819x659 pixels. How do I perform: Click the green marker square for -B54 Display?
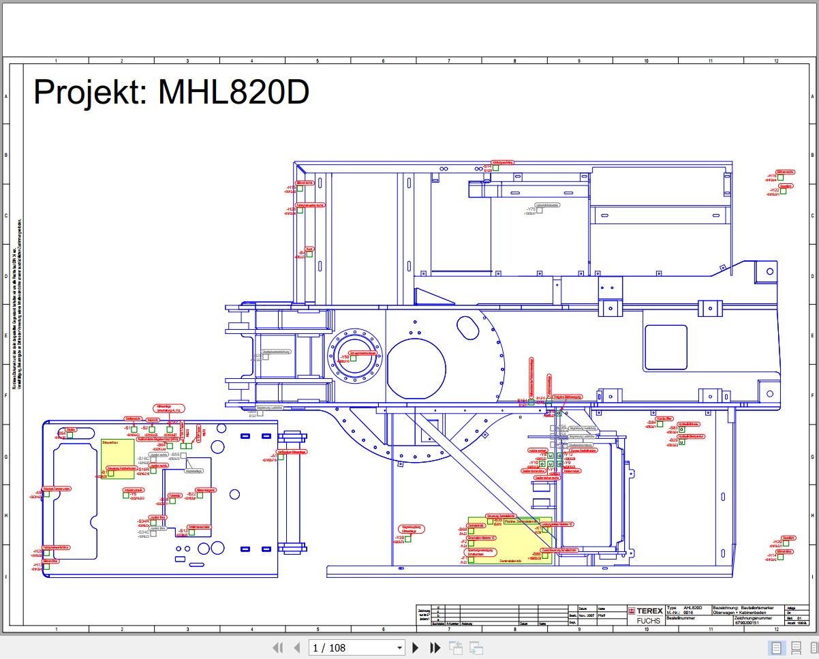click(x=70, y=434)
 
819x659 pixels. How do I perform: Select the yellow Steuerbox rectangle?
click(x=118, y=458)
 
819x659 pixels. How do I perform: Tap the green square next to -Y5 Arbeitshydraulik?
click(x=126, y=495)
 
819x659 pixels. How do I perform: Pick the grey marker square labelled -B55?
click(x=183, y=455)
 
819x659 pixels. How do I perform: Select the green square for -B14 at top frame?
click(x=496, y=168)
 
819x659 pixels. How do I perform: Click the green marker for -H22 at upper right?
click(x=783, y=191)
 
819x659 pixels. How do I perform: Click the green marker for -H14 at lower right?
click(x=781, y=557)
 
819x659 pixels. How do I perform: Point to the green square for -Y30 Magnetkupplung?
click(x=409, y=539)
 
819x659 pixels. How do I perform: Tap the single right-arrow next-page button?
click(x=416, y=648)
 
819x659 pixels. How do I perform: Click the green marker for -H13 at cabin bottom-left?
click(x=46, y=566)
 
